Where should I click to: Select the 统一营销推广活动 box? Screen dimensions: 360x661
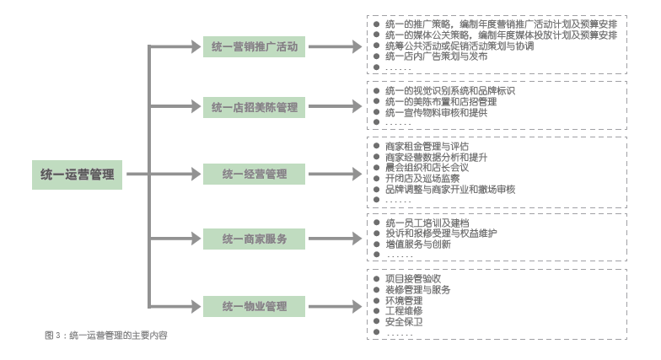[x=255, y=46]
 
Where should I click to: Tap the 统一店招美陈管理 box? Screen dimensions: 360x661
[x=255, y=107]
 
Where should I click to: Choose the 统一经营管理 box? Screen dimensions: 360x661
[x=255, y=175]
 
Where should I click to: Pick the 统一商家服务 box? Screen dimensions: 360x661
[x=255, y=239]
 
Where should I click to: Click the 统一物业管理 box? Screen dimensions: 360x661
[x=255, y=305]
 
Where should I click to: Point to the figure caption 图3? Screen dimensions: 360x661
[x=106, y=336]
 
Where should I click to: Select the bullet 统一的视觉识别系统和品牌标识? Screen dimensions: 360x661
[x=449, y=90]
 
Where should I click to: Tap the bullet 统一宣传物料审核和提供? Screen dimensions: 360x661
[x=435, y=112]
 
